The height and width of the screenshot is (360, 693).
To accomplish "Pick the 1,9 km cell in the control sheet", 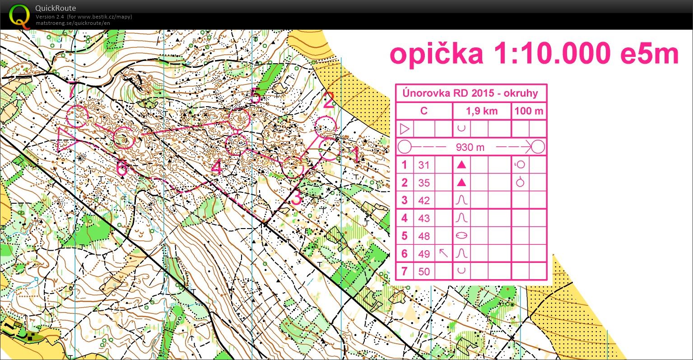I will click(481, 111).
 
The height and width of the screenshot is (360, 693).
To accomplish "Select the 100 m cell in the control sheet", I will click(529, 111).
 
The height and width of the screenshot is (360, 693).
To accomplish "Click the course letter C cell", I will click(423, 111).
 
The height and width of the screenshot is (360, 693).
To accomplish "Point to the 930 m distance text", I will click(470, 147).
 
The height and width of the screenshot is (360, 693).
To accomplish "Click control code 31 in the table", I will click(423, 165).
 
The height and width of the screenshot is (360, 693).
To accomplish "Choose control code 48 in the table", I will click(423, 236).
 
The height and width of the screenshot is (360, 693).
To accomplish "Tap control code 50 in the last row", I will click(423, 271).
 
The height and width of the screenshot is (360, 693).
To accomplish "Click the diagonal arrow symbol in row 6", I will click(444, 253).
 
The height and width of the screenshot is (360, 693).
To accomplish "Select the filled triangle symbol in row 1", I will click(461, 165).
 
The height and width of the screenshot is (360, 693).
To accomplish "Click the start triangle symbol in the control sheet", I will click(405, 129).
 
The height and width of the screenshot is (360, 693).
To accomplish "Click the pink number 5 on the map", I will click(256, 96).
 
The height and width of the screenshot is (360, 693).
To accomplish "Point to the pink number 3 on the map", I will click(296, 198).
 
